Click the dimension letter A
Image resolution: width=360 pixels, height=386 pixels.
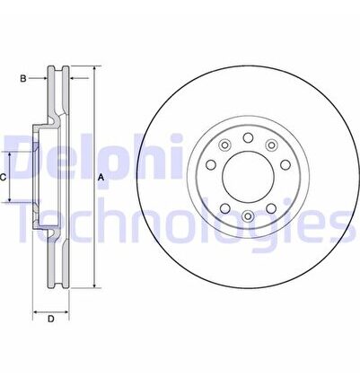tap(101, 178)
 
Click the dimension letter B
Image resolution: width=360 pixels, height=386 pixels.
tap(23, 79)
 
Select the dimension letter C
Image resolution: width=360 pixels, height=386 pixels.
tap(3, 178)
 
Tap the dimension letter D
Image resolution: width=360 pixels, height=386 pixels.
tap(51, 319)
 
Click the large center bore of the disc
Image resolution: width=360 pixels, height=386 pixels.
tap(249, 177)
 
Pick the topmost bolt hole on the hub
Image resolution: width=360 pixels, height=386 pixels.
tap(248, 137)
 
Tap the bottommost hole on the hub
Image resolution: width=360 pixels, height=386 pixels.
tap(248, 215)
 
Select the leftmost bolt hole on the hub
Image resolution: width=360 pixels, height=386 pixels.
tap(211, 164)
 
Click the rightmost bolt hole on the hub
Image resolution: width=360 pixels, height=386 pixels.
tap(285, 164)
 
